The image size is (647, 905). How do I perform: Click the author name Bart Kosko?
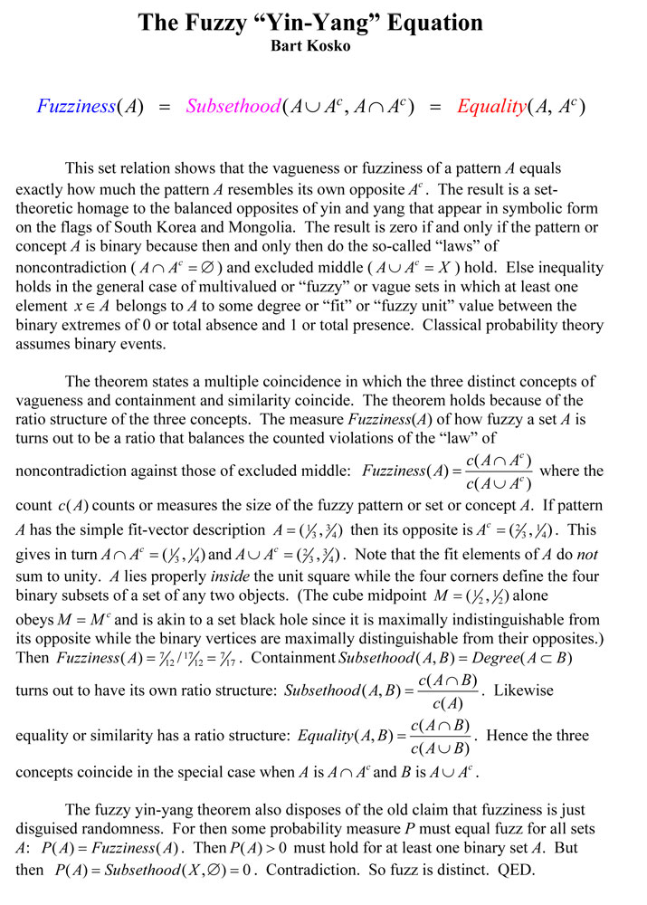[x=323, y=44]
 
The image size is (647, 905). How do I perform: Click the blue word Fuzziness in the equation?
[x=76, y=107]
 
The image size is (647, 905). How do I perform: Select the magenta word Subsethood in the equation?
[x=233, y=107]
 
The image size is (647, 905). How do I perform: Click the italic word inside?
[x=234, y=575]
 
